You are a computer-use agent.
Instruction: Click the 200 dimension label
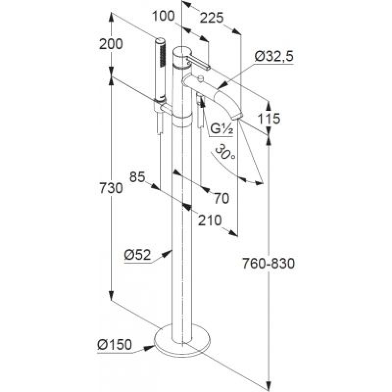pyautogui.click(x=111, y=44)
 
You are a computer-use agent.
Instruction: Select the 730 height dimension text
pyautogui.click(x=111, y=188)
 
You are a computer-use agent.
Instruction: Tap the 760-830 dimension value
pyautogui.click(x=269, y=264)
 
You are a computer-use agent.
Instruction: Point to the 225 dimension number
pyautogui.click(x=212, y=18)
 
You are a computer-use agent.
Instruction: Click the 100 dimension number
pyautogui.click(x=163, y=16)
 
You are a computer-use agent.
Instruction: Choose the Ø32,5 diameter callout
pyautogui.click(x=274, y=56)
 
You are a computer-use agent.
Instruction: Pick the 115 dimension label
pyautogui.click(x=269, y=119)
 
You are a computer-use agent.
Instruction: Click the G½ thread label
pyautogui.click(x=221, y=129)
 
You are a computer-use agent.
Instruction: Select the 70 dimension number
pyautogui.click(x=221, y=198)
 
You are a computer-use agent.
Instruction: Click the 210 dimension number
pyautogui.click(x=210, y=220)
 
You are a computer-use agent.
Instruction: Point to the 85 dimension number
pyautogui.click(x=138, y=177)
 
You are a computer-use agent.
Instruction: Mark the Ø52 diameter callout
pyautogui.click(x=138, y=255)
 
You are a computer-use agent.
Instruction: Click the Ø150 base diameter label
pyautogui.click(x=115, y=345)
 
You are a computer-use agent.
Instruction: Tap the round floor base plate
pyautogui.click(x=182, y=340)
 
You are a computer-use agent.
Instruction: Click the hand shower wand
pyautogui.click(x=160, y=70)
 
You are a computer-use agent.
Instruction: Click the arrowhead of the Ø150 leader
pyautogui.click(x=149, y=348)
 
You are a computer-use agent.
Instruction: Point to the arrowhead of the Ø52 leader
pyautogui.click(x=167, y=253)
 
